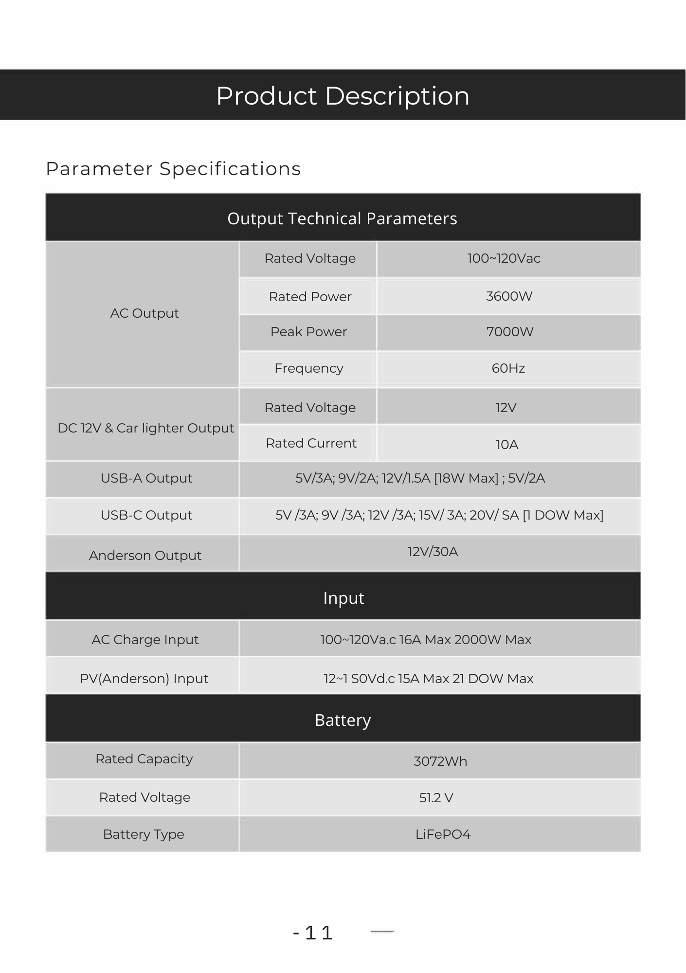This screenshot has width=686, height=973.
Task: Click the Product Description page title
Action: pos(343,96)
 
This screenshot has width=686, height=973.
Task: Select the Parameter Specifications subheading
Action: pos(173,169)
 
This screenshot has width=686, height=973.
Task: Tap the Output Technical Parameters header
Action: pos(343,218)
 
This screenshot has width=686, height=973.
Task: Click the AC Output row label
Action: pos(144,313)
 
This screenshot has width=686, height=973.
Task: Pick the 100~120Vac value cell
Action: pos(504,258)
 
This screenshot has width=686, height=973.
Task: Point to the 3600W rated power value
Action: pos(509,296)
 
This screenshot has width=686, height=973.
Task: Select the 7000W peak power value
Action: pos(509,332)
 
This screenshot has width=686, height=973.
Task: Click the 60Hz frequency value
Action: pos(508,368)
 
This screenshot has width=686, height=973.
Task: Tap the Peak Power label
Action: pos(308,332)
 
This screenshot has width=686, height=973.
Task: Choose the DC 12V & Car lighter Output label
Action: pos(145,428)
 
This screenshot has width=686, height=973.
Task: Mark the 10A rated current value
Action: pos(506,445)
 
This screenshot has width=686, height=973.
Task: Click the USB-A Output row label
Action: pos(146,478)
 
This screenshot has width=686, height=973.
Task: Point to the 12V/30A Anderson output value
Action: pos(433,552)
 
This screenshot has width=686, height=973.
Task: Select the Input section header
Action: pos(343,598)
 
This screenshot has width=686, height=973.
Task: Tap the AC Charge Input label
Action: pos(145,640)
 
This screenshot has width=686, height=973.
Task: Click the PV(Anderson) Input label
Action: pos(144,679)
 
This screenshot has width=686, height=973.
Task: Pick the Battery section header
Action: pos(343,720)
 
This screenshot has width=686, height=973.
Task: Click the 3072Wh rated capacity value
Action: pos(440,761)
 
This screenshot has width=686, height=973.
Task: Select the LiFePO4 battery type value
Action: pos(443,834)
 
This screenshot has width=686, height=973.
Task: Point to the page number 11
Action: pos(319,933)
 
